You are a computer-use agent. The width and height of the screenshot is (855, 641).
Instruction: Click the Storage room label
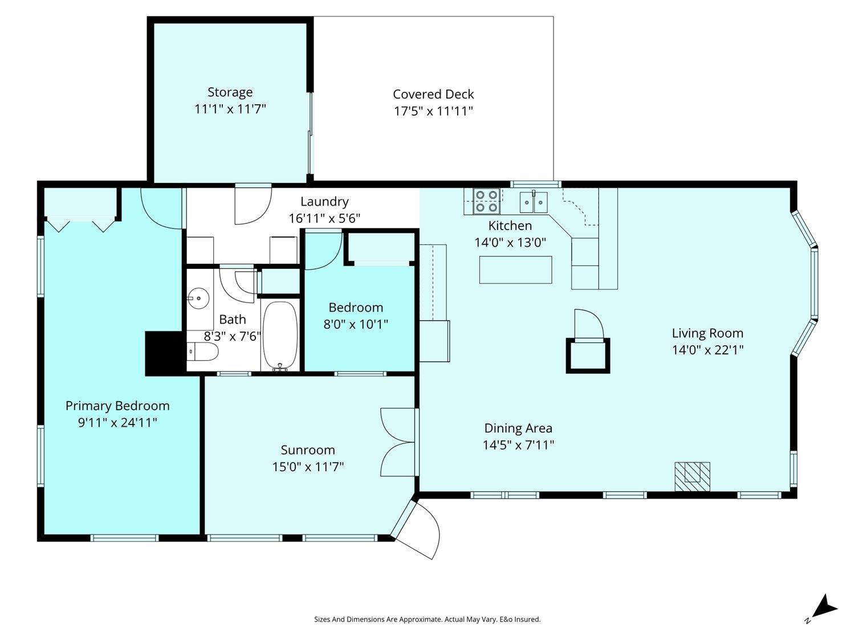tap(230, 92)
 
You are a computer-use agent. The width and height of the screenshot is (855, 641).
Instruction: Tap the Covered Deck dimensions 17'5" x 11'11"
tap(433, 111)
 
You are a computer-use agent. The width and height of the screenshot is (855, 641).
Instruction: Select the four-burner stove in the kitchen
tap(487, 201)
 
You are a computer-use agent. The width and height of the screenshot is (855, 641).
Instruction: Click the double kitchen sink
tap(534, 202)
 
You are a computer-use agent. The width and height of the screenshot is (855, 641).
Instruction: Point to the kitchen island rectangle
tap(515, 270)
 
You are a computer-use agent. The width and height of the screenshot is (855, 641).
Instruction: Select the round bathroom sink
tap(198, 299)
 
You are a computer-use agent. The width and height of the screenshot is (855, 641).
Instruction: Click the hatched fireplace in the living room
tap(692, 477)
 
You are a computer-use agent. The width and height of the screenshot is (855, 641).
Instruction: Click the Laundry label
tap(324, 202)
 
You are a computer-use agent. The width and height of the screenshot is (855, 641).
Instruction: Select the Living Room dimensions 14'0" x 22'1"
tap(707, 350)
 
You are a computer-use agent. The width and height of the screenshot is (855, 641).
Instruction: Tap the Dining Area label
tap(518, 428)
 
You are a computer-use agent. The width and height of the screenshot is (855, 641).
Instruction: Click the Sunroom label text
tap(308, 450)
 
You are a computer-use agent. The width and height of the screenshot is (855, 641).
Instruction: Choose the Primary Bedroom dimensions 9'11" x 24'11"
tap(117, 422)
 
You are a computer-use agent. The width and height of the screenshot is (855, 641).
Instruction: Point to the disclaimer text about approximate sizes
tap(427, 619)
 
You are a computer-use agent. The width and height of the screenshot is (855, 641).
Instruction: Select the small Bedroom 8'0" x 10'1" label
tap(356, 316)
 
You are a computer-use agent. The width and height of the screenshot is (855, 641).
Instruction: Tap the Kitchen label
tap(510, 226)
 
